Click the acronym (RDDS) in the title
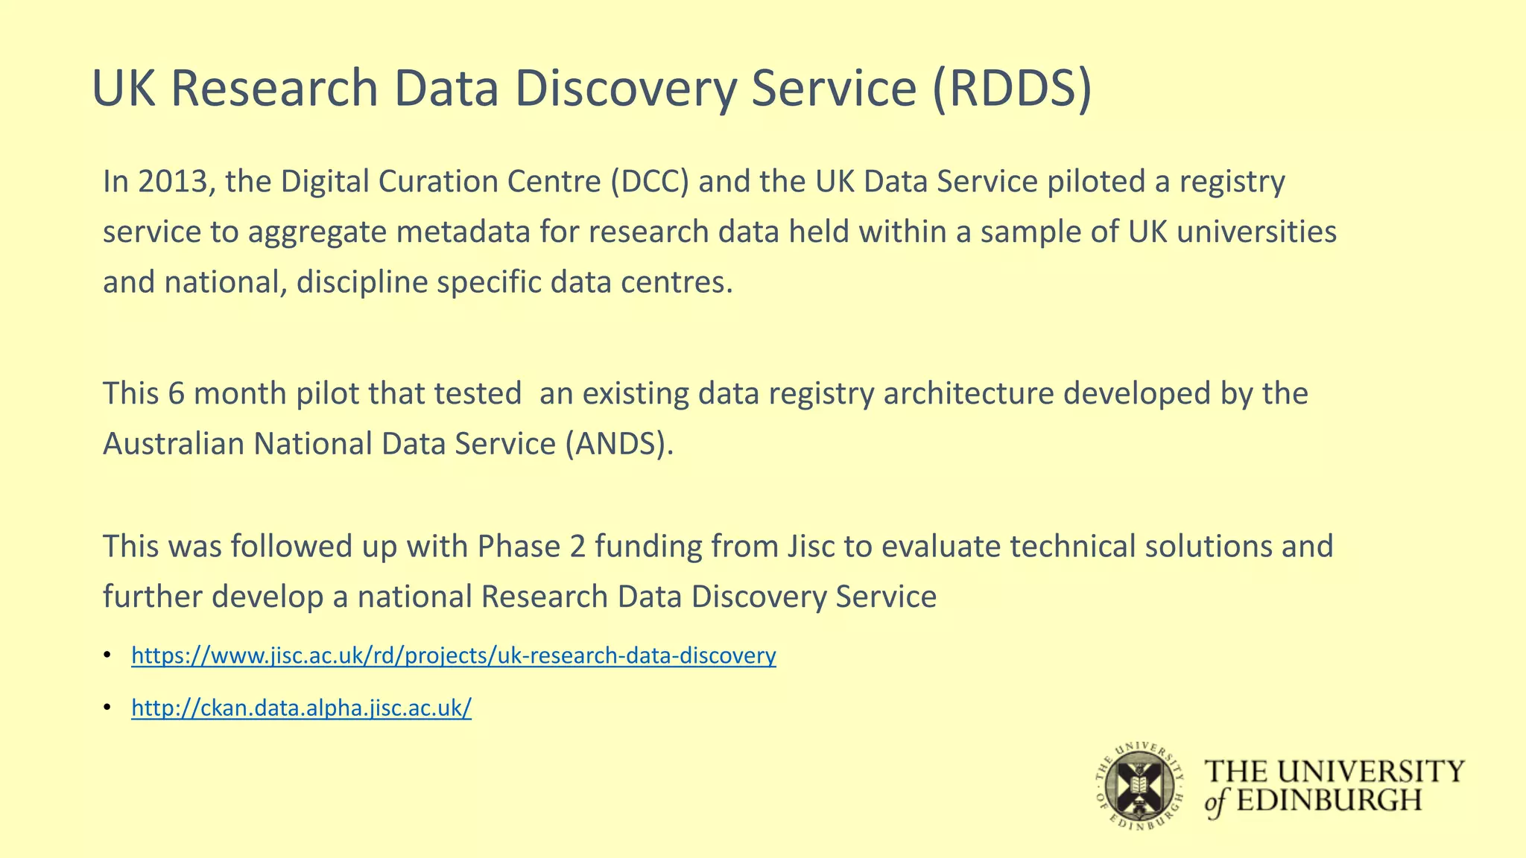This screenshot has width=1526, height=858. pyautogui.click(x=1011, y=89)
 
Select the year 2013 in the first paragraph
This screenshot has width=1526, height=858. pyautogui.click(x=174, y=182)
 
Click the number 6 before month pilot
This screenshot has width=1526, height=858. pyautogui.click(x=177, y=394)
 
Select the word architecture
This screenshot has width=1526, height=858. pyautogui.click(x=969, y=394)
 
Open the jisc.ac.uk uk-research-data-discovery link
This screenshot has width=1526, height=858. pyautogui.click(x=453, y=655)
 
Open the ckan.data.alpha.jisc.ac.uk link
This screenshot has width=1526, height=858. pyautogui.click(x=301, y=708)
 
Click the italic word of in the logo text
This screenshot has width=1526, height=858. pyautogui.click(x=1216, y=802)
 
